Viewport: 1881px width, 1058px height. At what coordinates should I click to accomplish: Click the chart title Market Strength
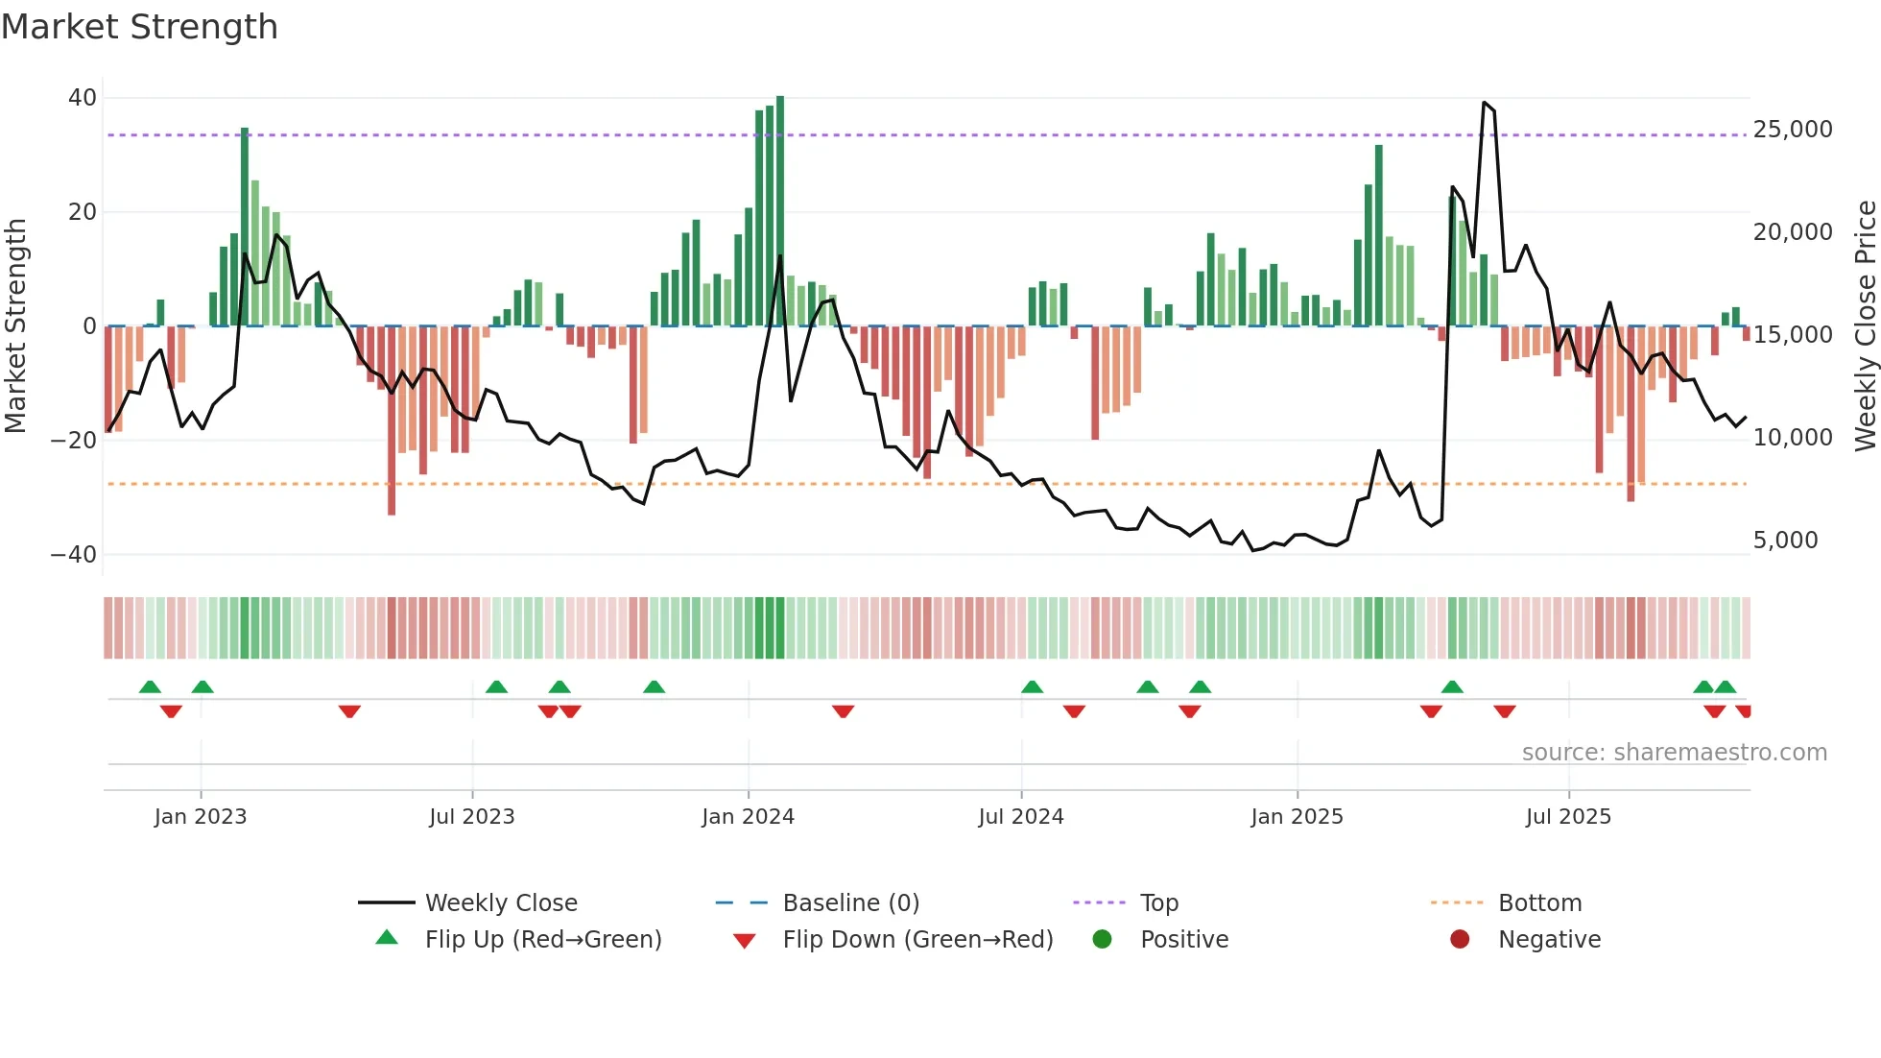coord(139,27)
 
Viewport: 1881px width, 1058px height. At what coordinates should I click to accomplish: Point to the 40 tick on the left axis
coord(83,98)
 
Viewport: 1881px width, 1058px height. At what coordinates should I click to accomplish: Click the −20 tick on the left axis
coord(74,441)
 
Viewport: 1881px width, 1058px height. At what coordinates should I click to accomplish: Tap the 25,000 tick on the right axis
coord(1792,130)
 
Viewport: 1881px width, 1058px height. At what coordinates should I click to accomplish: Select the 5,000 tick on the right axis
coord(1785,541)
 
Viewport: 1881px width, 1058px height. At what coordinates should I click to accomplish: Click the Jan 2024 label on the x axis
coord(748,817)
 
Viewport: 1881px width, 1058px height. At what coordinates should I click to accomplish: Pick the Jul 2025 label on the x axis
coord(1568,817)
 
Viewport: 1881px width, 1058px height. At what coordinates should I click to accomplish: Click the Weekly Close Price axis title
coord(1865,326)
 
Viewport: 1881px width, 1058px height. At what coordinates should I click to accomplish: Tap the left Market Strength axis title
coord(16,326)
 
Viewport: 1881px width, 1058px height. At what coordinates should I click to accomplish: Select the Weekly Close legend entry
coord(500,903)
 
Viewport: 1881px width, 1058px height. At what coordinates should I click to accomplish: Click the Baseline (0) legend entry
coord(850,903)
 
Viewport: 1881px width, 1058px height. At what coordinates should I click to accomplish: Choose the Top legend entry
coord(1158,903)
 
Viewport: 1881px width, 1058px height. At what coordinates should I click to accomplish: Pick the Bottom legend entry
coord(1539,903)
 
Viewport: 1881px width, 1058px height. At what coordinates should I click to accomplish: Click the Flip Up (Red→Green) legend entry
coord(542,940)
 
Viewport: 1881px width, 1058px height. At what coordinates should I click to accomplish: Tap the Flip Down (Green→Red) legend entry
coord(917,940)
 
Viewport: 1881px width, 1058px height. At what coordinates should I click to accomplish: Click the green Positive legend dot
coord(1102,940)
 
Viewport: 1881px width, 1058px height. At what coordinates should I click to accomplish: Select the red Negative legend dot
coord(1460,940)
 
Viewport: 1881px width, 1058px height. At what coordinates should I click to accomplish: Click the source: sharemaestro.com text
coord(1674,753)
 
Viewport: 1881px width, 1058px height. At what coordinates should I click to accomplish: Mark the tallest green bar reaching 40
coord(780,211)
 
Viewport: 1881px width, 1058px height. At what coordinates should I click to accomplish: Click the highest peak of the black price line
coord(1484,102)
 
